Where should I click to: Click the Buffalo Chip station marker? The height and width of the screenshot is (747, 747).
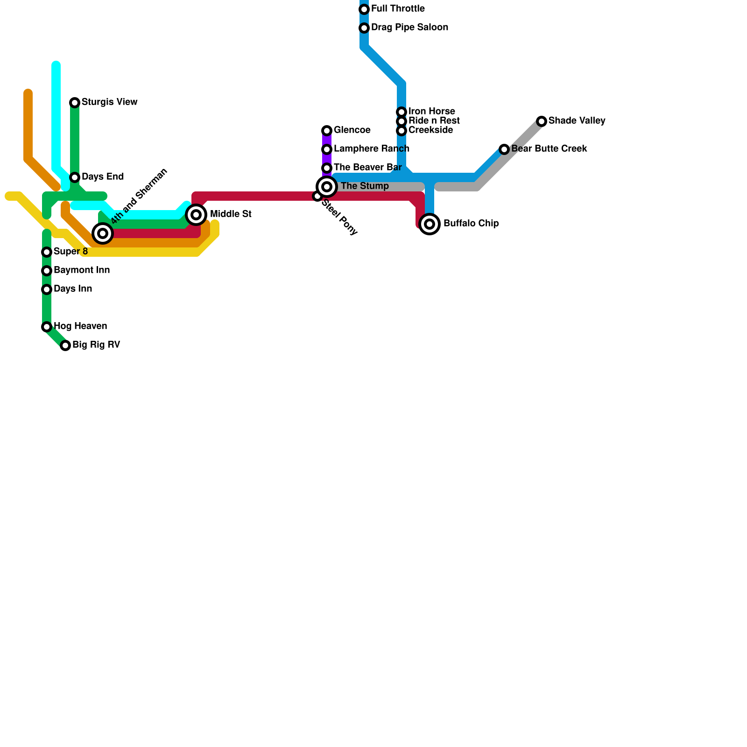pyautogui.click(x=430, y=224)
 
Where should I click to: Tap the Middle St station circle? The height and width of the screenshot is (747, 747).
pyautogui.click(x=197, y=215)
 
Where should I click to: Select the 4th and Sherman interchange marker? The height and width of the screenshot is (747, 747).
pyautogui.click(x=103, y=233)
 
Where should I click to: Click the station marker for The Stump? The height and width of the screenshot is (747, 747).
pyautogui.click(x=327, y=187)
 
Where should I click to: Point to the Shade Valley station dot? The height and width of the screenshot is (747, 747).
pyautogui.click(x=542, y=121)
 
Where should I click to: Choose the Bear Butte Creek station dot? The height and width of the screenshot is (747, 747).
pyautogui.click(x=504, y=149)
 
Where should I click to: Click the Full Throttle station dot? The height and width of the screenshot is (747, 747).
pyautogui.click(x=364, y=9)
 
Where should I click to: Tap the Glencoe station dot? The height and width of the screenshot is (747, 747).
pyautogui.click(x=327, y=131)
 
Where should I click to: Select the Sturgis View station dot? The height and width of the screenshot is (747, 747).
pyautogui.click(x=75, y=103)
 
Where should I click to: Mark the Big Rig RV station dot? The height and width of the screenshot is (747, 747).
pyautogui.click(x=65, y=345)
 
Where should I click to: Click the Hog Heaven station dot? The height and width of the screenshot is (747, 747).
pyautogui.click(x=47, y=327)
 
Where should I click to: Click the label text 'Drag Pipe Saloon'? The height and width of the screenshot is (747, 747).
pyautogui.click(x=409, y=28)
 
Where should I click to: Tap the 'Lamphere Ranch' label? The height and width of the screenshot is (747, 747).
pyautogui.click(x=371, y=149)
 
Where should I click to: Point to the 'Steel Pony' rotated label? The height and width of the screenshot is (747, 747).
pyautogui.click(x=340, y=217)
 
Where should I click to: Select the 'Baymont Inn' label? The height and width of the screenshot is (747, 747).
pyautogui.click(x=82, y=270)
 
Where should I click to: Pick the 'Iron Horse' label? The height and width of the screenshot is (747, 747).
pyautogui.click(x=431, y=111)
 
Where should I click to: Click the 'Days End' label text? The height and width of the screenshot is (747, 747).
pyautogui.click(x=103, y=177)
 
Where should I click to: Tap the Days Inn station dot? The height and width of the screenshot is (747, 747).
pyautogui.click(x=47, y=289)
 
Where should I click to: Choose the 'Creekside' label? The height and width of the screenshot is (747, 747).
pyautogui.click(x=430, y=130)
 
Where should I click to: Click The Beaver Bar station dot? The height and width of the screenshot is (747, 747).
pyautogui.click(x=327, y=168)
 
